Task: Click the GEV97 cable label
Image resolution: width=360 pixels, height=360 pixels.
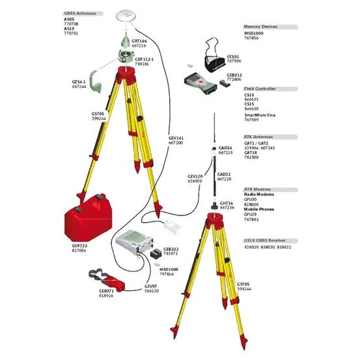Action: point(151,286)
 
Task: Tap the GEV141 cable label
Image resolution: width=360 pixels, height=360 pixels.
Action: point(176,139)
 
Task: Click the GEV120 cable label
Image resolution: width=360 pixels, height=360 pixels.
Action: point(196,176)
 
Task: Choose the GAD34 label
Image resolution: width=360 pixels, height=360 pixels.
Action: point(226,148)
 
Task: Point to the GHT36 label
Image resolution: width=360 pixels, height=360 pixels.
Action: point(227,203)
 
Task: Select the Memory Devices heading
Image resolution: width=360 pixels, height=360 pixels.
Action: point(260,27)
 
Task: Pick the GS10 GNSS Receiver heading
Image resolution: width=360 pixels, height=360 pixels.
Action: point(267,240)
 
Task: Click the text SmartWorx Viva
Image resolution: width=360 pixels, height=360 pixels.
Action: point(261,115)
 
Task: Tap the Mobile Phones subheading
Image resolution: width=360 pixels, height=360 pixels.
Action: point(260,208)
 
